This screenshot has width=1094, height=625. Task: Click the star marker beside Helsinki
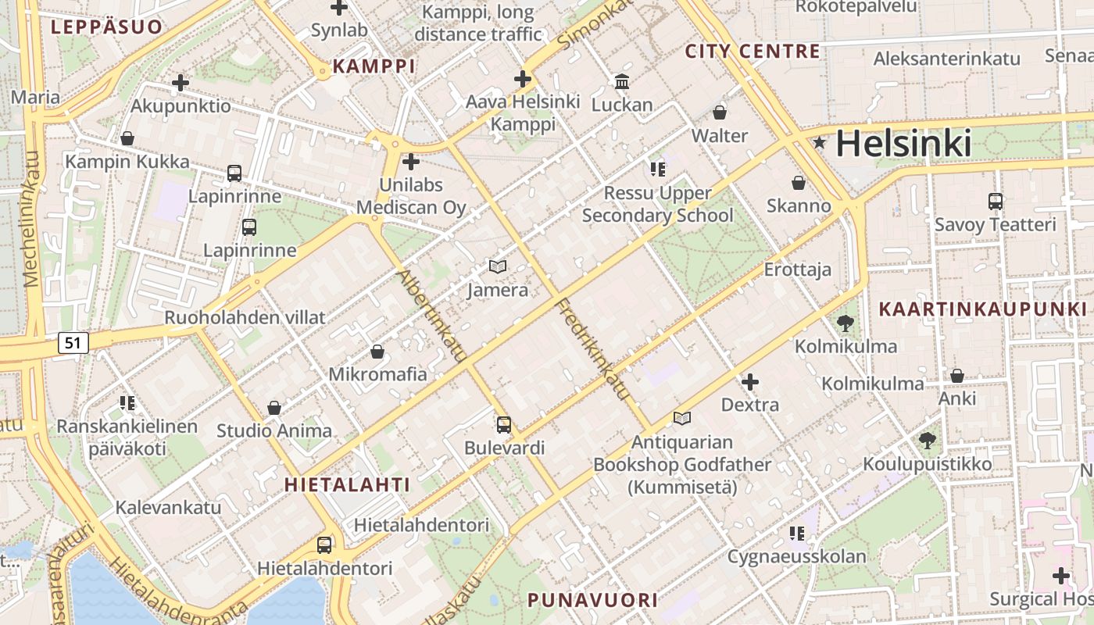pos(819,143)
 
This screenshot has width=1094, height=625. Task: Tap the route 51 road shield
pos(73,342)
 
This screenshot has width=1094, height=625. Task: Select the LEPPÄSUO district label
pos(107,27)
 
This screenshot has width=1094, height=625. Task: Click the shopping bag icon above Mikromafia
pos(377,352)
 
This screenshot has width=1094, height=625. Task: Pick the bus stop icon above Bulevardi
pos(504,425)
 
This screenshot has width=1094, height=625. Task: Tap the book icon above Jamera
pos(498,267)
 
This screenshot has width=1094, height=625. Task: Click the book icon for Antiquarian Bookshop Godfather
pos(682,419)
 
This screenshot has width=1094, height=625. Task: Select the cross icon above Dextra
pos(750,382)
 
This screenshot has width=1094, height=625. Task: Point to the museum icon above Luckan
pos(622,81)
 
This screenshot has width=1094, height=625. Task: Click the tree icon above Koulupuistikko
pos(928,441)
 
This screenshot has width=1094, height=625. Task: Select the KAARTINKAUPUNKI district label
pos(983,309)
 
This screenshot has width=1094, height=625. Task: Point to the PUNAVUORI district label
pos(592,600)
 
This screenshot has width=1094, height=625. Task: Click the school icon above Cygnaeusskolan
pos(797,534)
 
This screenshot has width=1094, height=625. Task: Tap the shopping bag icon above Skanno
pos(799,183)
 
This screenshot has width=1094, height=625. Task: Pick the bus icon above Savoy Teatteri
pos(996,202)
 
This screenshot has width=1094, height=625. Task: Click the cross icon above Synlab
pos(339,8)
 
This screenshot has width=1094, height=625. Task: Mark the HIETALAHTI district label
pos(347,484)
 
